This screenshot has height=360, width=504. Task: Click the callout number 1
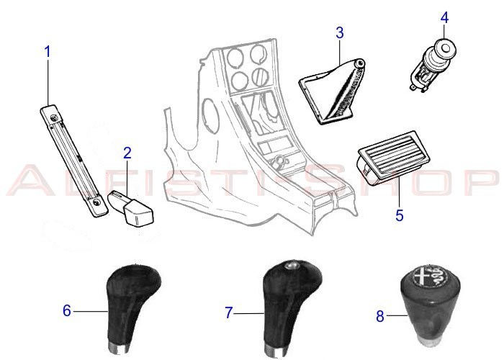pos(48,52)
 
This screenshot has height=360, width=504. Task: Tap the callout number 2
pos(127,153)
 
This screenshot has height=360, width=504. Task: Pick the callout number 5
pos(400,214)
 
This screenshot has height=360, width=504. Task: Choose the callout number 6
pos(67,311)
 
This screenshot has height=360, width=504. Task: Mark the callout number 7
pos(229,312)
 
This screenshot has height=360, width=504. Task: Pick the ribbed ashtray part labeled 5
pos(387,163)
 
